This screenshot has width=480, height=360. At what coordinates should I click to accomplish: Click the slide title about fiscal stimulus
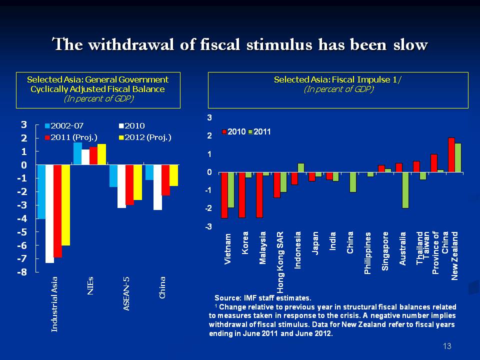(240, 44)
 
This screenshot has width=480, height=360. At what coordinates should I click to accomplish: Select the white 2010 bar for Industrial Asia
(49, 213)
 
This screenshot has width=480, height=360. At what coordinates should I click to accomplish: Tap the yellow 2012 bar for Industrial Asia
(65, 205)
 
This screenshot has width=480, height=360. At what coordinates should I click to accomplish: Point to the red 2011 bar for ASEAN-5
(129, 185)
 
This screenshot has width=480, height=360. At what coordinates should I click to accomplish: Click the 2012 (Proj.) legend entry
(146, 137)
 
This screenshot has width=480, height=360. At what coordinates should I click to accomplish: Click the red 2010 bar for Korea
(242, 195)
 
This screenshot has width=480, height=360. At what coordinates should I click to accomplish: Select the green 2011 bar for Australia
(405, 190)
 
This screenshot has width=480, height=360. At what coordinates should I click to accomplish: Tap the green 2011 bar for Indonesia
(300, 168)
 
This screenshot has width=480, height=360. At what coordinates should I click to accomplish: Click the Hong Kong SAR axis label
(281, 262)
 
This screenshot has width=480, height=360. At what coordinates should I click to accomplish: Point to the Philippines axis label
(368, 252)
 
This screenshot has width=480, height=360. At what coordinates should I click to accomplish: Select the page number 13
(447, 346)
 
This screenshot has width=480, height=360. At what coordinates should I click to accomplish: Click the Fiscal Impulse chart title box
(338, 90)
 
